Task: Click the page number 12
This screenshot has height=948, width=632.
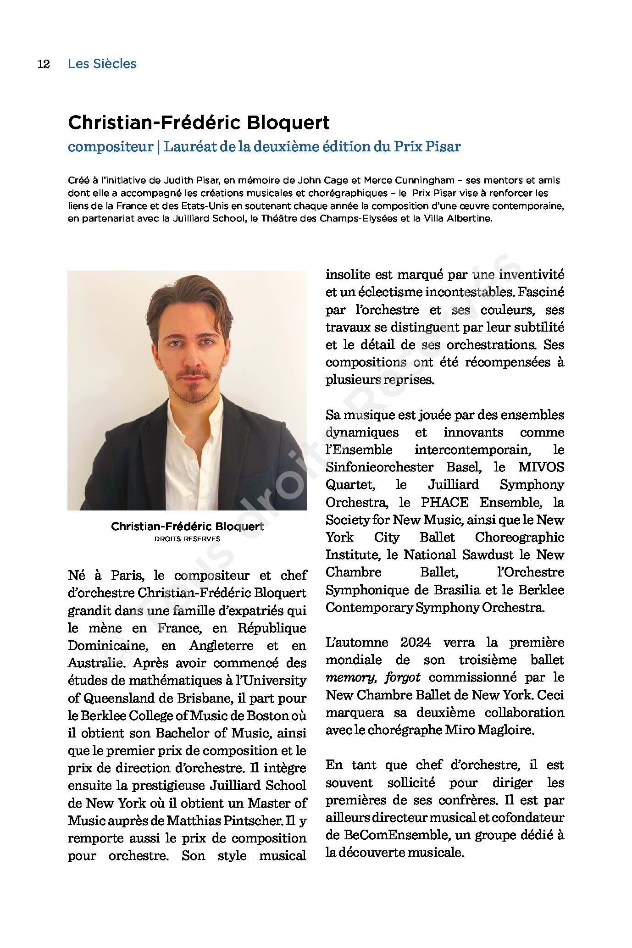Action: point(44,64)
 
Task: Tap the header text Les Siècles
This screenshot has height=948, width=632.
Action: point(102,64)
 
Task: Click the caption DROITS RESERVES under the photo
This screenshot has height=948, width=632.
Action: point(187,539)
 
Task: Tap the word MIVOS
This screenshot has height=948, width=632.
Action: point(541,467)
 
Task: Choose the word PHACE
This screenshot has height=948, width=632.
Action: point(444,502)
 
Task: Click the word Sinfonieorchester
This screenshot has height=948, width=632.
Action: point(379,467)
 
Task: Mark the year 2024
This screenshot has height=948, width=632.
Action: point(416,643)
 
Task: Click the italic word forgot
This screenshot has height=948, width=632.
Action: point(403,677)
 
